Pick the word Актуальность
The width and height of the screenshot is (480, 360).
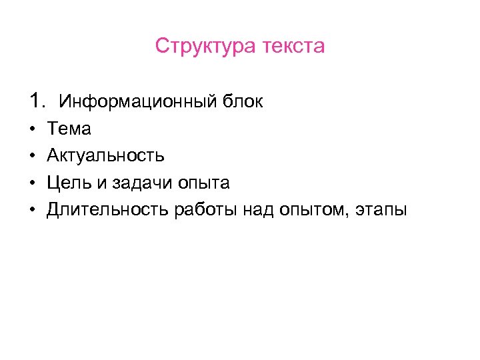click(105, 156)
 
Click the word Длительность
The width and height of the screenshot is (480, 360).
click(107, 211)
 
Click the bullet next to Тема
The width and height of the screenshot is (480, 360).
click(33, 129)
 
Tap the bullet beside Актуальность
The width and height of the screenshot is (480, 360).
click(33, 156)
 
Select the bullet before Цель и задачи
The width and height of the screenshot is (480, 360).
click(33, 183)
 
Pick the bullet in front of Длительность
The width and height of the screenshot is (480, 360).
click(33, 211)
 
